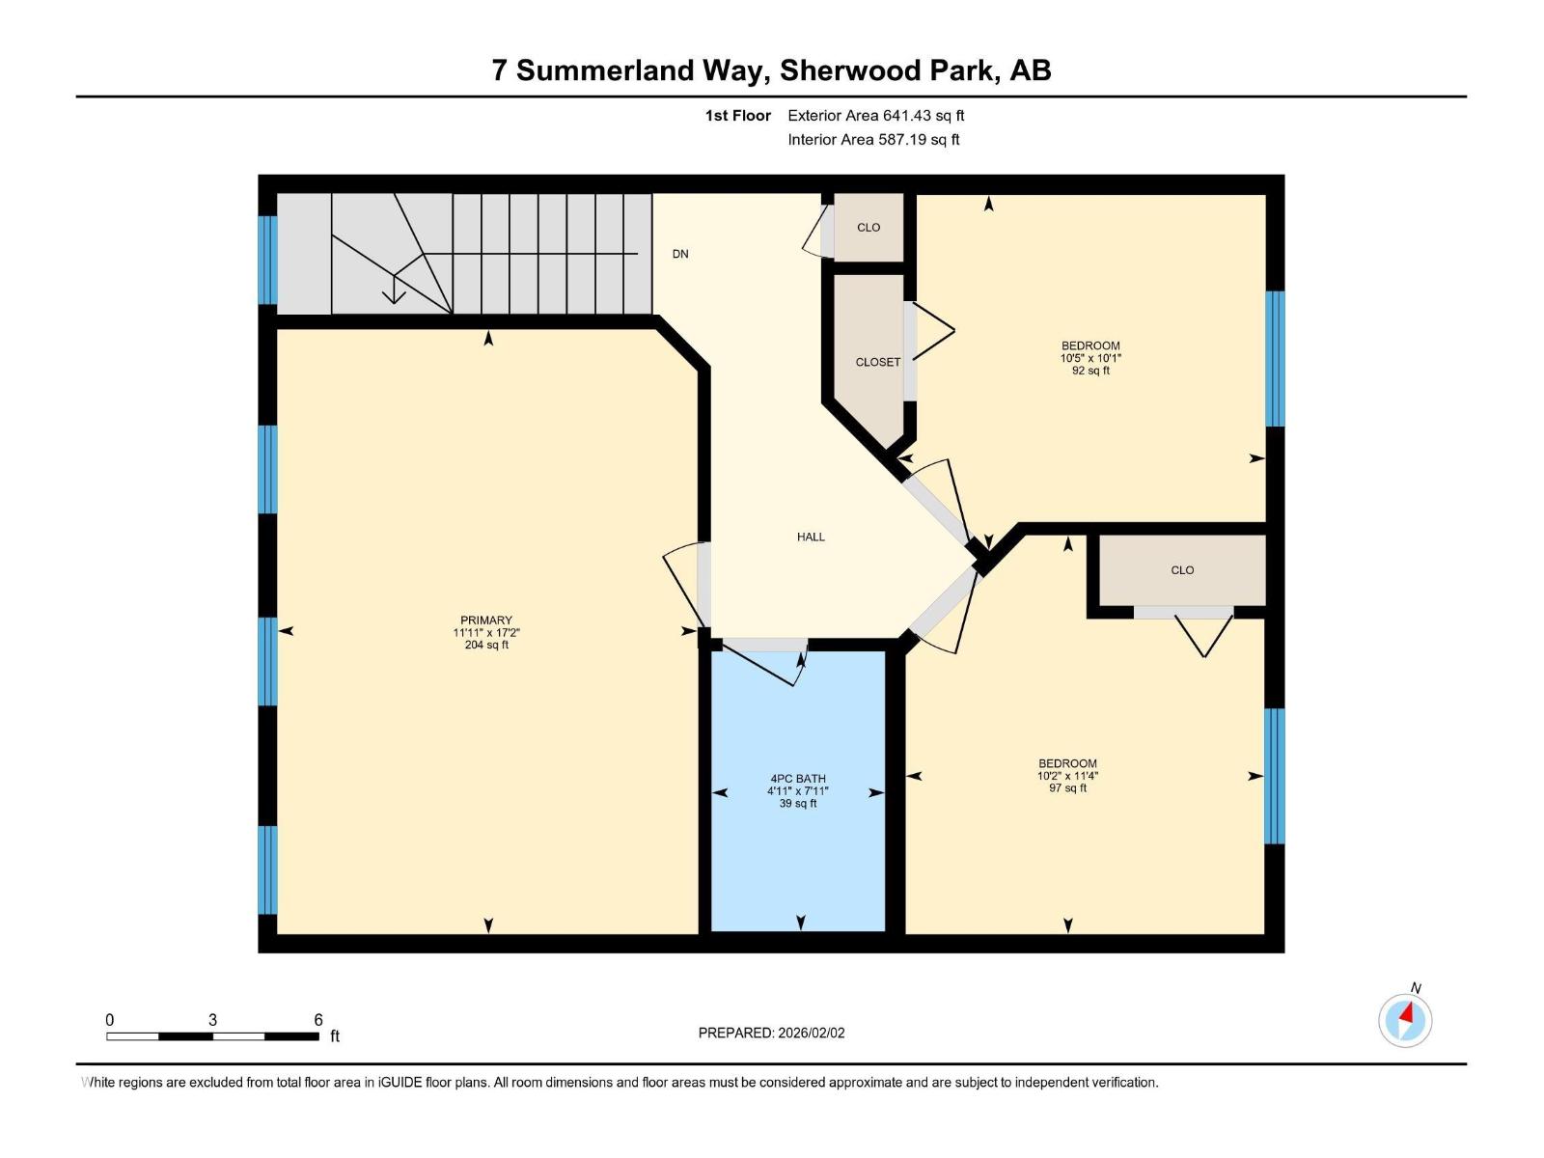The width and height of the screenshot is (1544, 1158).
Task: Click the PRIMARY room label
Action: tap(486, 620)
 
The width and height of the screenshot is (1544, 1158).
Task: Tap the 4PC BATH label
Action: tap(798, 779)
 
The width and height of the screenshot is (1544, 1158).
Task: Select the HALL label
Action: tap(811, 537)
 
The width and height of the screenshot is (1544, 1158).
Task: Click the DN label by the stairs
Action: tap(680, 254)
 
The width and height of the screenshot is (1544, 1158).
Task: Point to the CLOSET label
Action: tap(877, 362)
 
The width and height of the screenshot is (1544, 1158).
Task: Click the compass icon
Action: tap(1405, 1020)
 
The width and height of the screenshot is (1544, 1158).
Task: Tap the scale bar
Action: tap(212, 1036)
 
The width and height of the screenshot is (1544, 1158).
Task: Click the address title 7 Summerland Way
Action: tap(771, 70)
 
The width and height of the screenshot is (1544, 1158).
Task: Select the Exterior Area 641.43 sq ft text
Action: tap(875, 116)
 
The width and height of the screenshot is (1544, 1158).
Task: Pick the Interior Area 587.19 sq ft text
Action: tap(873, 140)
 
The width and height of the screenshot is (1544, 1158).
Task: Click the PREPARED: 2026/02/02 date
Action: tap(771, 1033)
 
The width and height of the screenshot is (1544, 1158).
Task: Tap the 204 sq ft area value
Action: tap(486, 645)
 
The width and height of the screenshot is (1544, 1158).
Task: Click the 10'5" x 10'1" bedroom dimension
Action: tap(1090, 358)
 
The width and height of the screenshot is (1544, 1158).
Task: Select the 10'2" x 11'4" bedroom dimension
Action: tap(1067, 776)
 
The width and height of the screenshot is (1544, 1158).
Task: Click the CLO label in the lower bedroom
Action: tap(1182, 570)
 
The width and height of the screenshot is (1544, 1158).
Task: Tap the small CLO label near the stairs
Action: tap(868, 228)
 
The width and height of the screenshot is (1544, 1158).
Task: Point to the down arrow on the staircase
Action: tap(394, 290)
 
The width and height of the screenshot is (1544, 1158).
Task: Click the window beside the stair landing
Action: tap(267, 260)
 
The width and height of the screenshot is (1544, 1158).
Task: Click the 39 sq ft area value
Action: tap(798, 803)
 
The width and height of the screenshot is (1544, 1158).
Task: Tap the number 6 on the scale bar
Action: tap(318, 1020)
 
